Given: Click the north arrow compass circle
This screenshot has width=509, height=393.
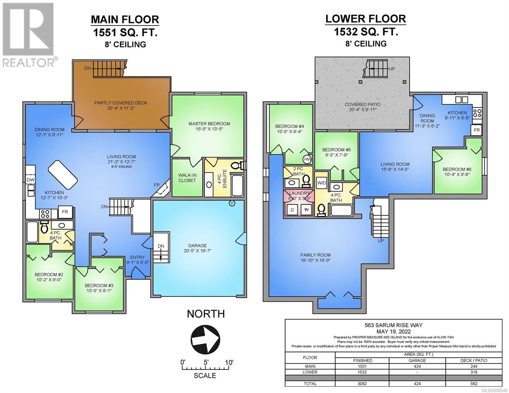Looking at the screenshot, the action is (206, 339).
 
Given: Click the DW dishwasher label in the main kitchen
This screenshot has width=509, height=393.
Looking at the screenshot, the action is (31, 180).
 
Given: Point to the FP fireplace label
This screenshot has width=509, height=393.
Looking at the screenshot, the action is (157, 185).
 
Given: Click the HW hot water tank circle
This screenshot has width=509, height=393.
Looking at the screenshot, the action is (307, 159).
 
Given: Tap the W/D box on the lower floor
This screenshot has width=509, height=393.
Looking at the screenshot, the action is (322, 183).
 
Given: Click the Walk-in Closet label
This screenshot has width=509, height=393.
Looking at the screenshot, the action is (187, 178).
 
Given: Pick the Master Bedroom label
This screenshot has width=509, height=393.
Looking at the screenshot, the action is (209, 126).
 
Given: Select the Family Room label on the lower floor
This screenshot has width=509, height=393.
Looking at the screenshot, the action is (315, 257).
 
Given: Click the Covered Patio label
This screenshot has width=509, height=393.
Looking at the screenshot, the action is (362, 107).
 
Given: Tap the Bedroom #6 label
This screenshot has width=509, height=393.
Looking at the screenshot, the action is (457, 172).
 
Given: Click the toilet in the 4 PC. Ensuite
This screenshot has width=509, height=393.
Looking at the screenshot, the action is (237, 166).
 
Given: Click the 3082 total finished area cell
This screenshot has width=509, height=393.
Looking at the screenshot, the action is (362, 384).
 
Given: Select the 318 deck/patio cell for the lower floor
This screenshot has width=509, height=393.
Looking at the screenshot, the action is (474, 372).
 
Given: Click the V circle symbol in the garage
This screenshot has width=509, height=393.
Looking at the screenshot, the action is (232, 203).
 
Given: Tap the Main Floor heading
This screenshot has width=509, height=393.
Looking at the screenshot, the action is (125, 20).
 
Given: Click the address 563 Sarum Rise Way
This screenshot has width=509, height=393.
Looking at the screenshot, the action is (394, 325).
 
